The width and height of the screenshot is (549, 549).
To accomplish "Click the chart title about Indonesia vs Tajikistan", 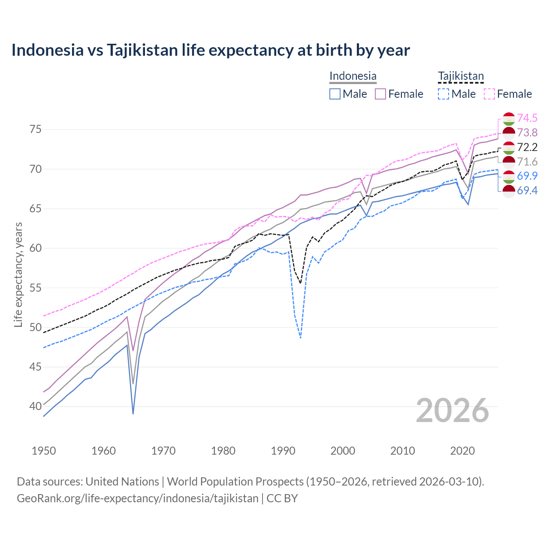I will (x=211, y=50).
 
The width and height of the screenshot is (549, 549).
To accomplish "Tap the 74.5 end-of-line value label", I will (x=527, y=118).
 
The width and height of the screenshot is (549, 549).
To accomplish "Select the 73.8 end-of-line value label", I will (x=527, y=133).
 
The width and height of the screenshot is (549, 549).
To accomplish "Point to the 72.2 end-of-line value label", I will (x=527, y=147).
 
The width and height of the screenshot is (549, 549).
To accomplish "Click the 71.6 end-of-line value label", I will (x=527, y=162).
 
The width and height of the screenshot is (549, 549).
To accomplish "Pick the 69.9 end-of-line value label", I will (x=527, y=176).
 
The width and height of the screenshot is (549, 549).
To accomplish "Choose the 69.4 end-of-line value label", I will (x=527, y=190).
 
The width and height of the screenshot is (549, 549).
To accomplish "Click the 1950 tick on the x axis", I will (x=44, y=451).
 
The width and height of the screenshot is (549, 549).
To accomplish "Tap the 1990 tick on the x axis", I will (x=283, y=451).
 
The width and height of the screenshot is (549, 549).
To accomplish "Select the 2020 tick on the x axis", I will (x=462, y=451).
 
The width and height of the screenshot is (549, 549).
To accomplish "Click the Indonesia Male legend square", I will (x=335, y=94).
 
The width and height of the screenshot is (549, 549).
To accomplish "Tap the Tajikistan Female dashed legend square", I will (x=489, y=94).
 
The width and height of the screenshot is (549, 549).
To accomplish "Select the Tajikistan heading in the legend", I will (x=461, y=76).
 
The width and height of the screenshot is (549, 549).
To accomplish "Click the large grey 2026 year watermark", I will (x=452, y=410).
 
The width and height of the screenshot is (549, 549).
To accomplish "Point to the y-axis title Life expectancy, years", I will (x=18, y=274).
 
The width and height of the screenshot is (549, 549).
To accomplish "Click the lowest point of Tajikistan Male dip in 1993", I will (x=301, y=338).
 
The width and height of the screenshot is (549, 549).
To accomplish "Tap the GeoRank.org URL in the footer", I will (x=137, y=498).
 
